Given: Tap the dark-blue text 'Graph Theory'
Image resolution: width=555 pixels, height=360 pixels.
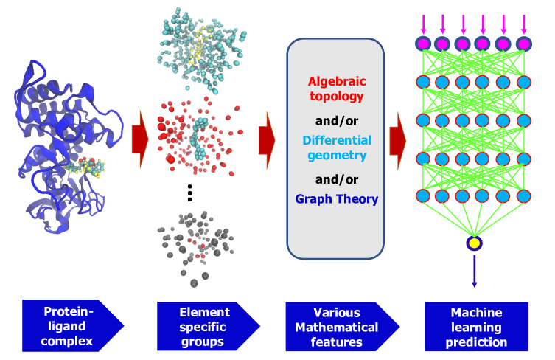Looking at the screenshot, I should pos(336,198).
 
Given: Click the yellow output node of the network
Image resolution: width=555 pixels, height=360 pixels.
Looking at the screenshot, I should pos(474,243).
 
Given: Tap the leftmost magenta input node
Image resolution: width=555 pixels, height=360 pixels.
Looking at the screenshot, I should pos(423,44).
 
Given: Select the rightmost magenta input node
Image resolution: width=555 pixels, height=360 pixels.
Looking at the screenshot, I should pos(523,44).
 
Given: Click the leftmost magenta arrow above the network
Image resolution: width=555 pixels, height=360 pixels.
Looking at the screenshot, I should pos(423,23).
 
